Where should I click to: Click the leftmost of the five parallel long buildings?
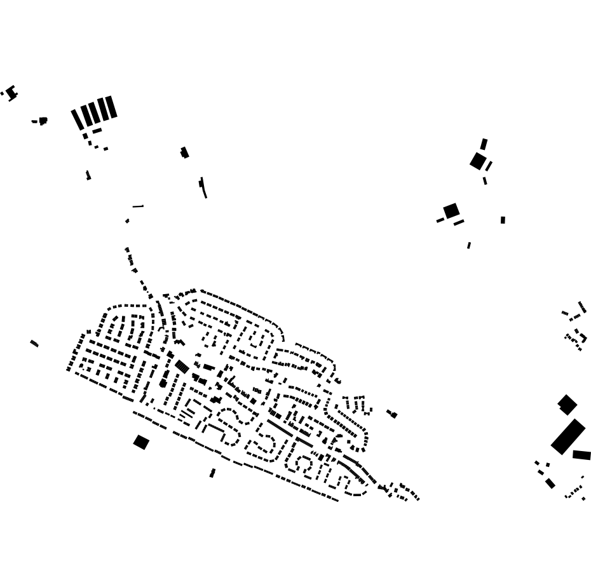click(x=77, y=119)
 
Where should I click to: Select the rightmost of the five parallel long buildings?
click(x=111, y=107)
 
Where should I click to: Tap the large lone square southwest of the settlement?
click(x=141, y=442)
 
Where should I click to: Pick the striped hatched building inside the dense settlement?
click(x=182, y=367)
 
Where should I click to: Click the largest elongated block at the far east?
click(x=567, y=436)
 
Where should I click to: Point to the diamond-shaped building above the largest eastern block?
click(x=567, y=404)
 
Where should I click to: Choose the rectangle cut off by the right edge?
click(x=581, y=455)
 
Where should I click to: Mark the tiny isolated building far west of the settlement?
click(x=34, y=344)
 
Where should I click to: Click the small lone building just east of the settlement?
click(x=392, y=414)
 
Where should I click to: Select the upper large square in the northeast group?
click(x=478, y=161)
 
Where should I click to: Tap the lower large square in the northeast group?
click(x=451, y=210)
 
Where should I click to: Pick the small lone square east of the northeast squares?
click(x=503, y=220)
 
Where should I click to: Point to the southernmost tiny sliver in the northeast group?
click(x=469, y=245)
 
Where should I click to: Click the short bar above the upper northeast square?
click(x=484, y=144)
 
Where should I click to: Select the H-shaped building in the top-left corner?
click(x=11, y=93)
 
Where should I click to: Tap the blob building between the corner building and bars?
click(x=43, y=121)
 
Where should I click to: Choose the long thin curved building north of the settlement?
click(x=203, y=187)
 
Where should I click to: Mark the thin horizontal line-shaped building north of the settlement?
click(x=138, y=206)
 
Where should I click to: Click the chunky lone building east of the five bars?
click(x=184, y=152)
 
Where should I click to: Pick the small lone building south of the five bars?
click(x=88, y=175)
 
